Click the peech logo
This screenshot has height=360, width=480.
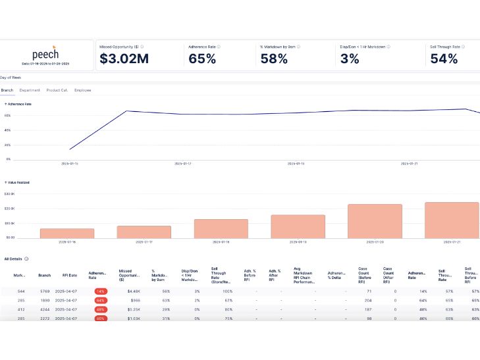(x=46, y=55)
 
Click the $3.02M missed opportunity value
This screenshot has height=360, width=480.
(x=123, y=59)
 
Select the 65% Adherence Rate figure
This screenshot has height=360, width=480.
(x=202, y=59)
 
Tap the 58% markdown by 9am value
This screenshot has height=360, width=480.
(x=275, y=59)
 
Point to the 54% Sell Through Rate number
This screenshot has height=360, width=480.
(x=444, y=59)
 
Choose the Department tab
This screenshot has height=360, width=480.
(x=30, y=90)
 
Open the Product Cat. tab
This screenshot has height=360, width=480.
(x=56, y=90)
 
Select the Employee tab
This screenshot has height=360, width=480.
(x=83, y=90)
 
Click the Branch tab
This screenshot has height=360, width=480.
(x=7, y=90)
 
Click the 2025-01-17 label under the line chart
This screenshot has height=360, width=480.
(x=182, y=163)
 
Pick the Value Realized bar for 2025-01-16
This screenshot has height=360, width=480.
(x=67, y=233)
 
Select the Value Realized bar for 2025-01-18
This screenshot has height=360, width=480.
(x=221, y=228)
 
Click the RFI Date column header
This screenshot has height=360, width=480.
(x=70, y=276)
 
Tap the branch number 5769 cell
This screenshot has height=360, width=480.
(x=44, y=291)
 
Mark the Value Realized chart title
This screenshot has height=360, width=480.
(x=18, y=182)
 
